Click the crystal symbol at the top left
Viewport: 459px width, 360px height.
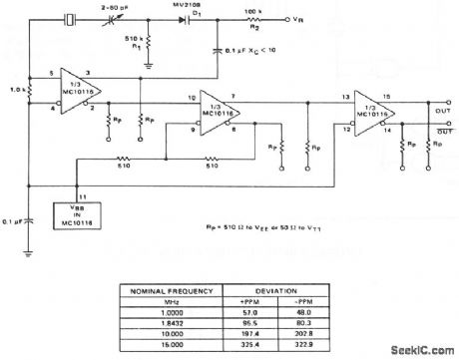coord(71,18)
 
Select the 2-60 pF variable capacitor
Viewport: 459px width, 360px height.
coord(126,19)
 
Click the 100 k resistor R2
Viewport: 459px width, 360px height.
coord(272,19)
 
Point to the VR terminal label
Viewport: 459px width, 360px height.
coord(318,19)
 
